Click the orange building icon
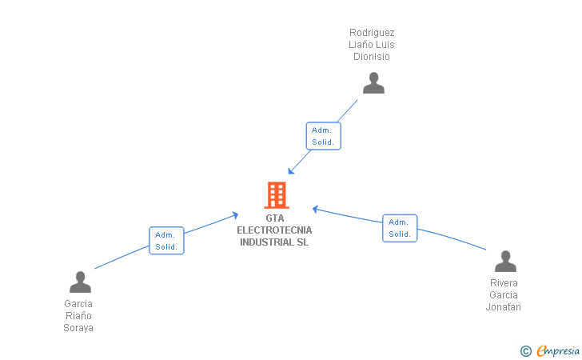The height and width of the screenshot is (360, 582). point(277,195)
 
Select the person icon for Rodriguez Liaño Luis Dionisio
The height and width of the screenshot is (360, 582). point(373,83)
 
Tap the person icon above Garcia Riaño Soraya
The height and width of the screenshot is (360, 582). point(80,282)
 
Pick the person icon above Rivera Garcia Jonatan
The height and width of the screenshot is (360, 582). point(505,262)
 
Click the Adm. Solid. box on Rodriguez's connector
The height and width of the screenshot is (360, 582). point(324,136)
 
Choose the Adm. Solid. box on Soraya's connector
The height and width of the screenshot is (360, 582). point(166,241)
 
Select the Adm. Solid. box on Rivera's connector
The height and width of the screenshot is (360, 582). point(400,228)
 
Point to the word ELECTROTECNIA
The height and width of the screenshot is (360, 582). point(274,230)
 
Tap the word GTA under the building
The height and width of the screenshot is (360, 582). point(274,218)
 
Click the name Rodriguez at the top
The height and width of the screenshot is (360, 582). point(372,33)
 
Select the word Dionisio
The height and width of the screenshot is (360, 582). point(372,57)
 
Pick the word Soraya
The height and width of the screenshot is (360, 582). point(78,328)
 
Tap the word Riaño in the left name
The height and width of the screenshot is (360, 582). point(78,316)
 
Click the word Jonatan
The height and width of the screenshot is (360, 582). point(504,307)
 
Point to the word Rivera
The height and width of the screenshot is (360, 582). point(504,283)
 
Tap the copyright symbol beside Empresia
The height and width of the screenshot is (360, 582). point(525,351)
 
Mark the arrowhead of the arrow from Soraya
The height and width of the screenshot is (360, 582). point(235,214)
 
